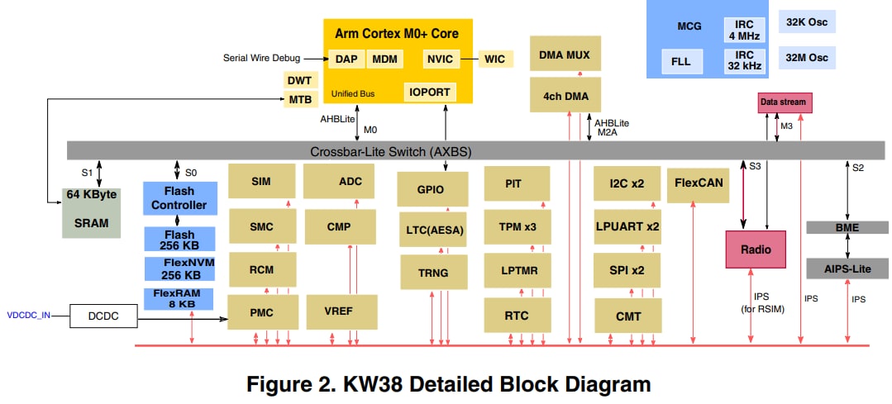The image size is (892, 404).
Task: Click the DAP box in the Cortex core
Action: click(346, 59)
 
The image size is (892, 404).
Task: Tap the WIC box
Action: click(494, 59)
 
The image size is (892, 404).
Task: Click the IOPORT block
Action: click(430, 93)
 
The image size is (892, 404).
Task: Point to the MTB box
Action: click(299, 99)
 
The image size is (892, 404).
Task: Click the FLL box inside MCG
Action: click(680, 61)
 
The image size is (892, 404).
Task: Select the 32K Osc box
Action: click(807, 21)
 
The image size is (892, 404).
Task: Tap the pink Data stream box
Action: click(783, 102)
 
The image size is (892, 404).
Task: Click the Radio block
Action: click(755, 250)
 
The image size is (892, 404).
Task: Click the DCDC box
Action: click(103, 316)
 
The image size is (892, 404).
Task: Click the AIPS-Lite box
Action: click(847, 269)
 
